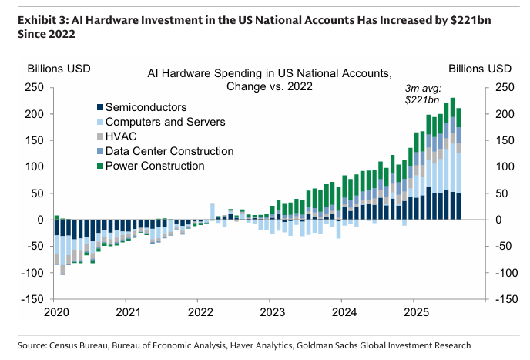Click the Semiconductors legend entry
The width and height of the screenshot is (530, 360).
click(146, 106)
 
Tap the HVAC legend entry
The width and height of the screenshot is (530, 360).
click(121, 136)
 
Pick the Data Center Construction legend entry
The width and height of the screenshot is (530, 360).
click(169, 150)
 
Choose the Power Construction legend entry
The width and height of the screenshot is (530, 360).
click(155, 165)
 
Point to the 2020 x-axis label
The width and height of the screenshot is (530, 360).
click(56, 312)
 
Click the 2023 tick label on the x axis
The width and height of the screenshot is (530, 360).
click(272, 312)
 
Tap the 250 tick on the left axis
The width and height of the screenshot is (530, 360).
click(33, 87)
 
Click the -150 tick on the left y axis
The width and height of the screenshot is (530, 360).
click(31, 298)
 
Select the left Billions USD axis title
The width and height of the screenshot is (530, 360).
click(59, 68)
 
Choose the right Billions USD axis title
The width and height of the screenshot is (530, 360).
click(479, 68)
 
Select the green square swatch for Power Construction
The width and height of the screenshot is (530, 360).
click(99, 166)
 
